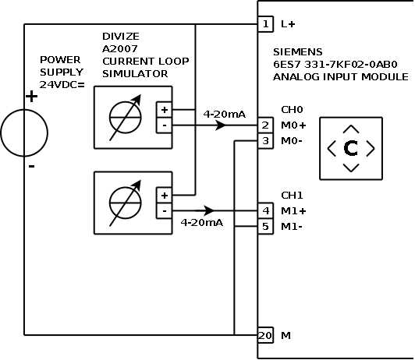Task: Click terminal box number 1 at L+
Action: coord(266,24)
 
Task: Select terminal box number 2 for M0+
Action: coord(266,125)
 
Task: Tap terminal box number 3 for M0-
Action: coord(266,141)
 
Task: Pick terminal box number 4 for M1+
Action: coord(266,210)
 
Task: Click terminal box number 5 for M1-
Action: coord(266,227)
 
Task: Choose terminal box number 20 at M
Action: coord(266,335)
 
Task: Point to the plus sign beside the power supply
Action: coord(31,97)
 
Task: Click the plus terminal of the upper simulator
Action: coord(165,110)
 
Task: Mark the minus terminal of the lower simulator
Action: coord(165,210)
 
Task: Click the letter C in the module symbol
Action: coord(351,148)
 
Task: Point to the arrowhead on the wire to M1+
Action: coord(209,210)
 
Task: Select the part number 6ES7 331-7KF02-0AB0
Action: coord(335,65)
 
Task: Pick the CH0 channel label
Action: coord(291,111)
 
